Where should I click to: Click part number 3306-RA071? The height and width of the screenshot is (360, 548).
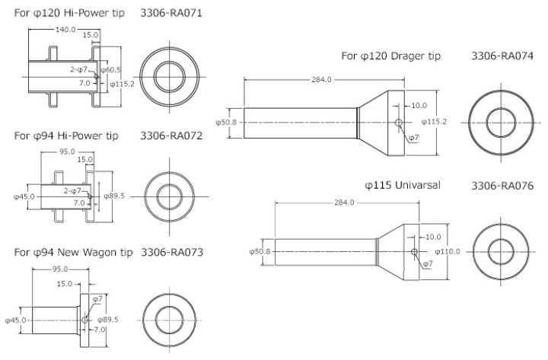[171, 14]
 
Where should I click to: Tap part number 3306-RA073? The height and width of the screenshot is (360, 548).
[171, 251]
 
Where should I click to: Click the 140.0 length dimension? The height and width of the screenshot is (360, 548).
[65, 29]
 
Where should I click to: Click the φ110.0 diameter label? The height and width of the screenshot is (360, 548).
[448, 251]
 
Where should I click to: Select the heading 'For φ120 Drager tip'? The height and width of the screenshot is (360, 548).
[390, 56]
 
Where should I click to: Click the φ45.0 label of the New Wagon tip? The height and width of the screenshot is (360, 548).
[16, 320]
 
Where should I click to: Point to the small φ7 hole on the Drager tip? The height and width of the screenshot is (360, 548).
[399, 123]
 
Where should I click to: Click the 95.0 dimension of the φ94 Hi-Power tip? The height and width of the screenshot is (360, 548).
[68, 151]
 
